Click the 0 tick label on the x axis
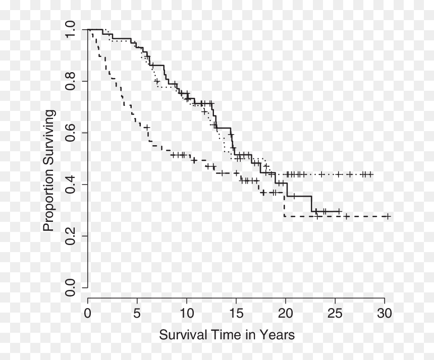coord(87,314)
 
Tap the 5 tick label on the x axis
coord(137,314)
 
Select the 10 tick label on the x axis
coord(186,314)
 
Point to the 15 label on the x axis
coord(236,314)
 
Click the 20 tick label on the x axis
coord(285,314)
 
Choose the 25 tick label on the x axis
coord(335,314)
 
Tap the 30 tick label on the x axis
coord(385,314)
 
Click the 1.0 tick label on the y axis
coord(70,29)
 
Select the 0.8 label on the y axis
coord(70,81)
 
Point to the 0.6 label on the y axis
coord(70,133)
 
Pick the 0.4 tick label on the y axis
coord(70,185)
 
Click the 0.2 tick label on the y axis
coord(70,236)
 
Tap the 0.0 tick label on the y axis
coord(70,287)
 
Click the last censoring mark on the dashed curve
coord(388,216)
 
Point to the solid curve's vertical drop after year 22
coord(312,204)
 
